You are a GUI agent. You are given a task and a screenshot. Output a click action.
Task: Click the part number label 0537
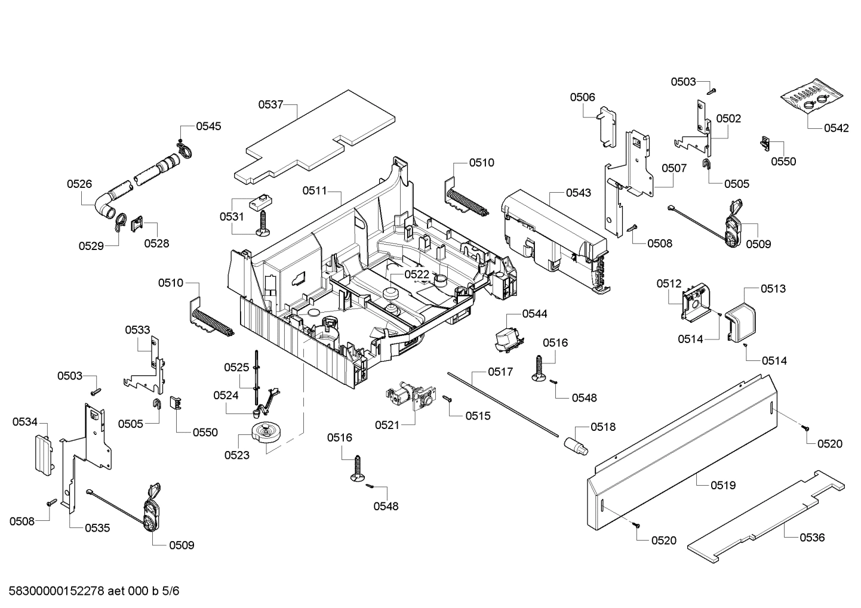(x=270, y=104)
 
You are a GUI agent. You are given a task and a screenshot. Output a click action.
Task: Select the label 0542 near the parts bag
(x=836, y=128)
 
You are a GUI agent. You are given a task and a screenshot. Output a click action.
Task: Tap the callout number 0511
(x=315, y=190)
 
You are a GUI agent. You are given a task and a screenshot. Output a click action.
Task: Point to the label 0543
(x=579, y=192)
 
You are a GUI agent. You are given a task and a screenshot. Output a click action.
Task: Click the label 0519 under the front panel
(x=723, y=485)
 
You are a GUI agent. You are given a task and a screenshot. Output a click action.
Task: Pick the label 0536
(x=812, y=537)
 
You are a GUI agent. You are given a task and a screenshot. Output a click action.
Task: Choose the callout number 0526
(x=79, y=184)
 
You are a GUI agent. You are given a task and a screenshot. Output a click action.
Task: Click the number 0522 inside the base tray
(x=417, y=274)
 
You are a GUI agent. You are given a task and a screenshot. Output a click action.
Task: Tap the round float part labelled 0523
(x=266, y=432)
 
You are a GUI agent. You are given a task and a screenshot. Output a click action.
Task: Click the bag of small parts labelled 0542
(x=812, y=98)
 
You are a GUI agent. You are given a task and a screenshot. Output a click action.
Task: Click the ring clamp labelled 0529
(x=120, y=221)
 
